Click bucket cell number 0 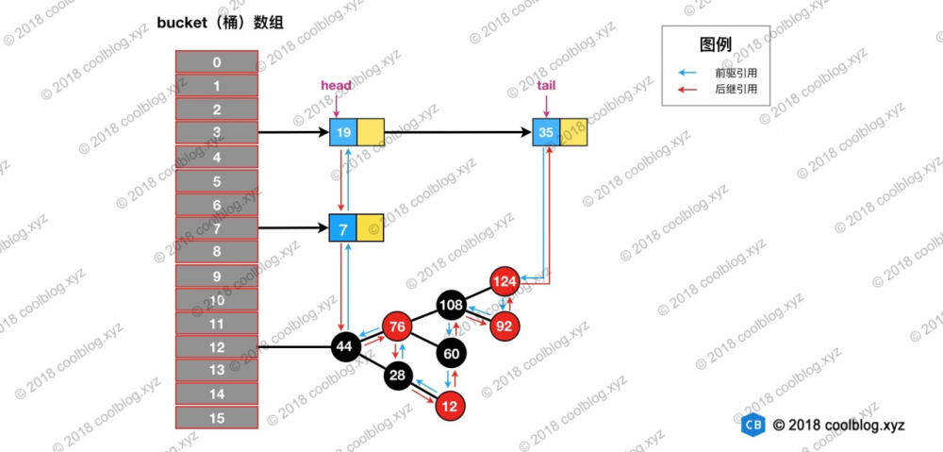pos(217,62)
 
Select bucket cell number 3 pos(217,133)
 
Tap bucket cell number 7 pos(217,228)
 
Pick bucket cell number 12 pos(217,347)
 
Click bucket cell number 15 pos(217,418)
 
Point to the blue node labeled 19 pos(343,133)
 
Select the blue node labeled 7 pos(343,228)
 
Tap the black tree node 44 pos(344,347)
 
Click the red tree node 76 pos(397,327)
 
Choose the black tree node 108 pos(453,305)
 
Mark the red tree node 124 pos(505,280)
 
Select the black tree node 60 pos(453,353)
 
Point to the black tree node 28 pos(397,377)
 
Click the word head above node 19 pos(337,85)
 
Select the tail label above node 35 pos(546,85)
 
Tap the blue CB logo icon pos(753,426)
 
